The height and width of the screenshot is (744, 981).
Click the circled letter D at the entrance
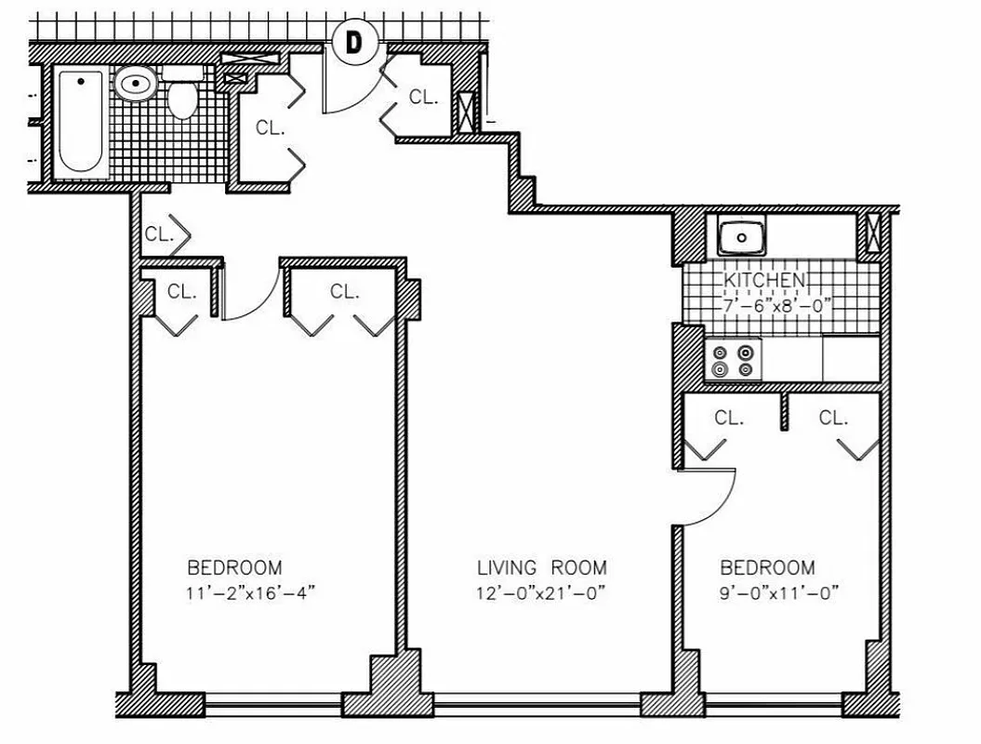pos(353,42)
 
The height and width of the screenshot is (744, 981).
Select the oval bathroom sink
pos(136,86)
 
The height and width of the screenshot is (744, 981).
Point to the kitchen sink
pos(741,237)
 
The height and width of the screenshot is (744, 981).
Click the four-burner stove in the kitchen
pos(733,361)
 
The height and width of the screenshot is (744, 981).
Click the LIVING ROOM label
pos(541,567)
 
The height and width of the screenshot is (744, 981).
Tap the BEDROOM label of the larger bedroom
pos(234,567)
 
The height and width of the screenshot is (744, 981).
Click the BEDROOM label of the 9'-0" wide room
pos(767,567)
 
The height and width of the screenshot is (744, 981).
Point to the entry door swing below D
pos(358,93)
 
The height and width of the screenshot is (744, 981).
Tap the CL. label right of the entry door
pos(423,96)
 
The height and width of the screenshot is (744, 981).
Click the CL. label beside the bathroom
pos(271,128)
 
